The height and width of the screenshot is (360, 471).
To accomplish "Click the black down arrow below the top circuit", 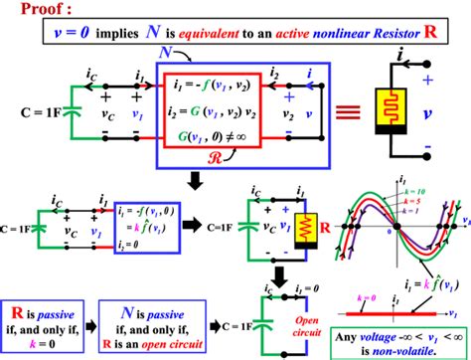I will pos(196,178).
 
